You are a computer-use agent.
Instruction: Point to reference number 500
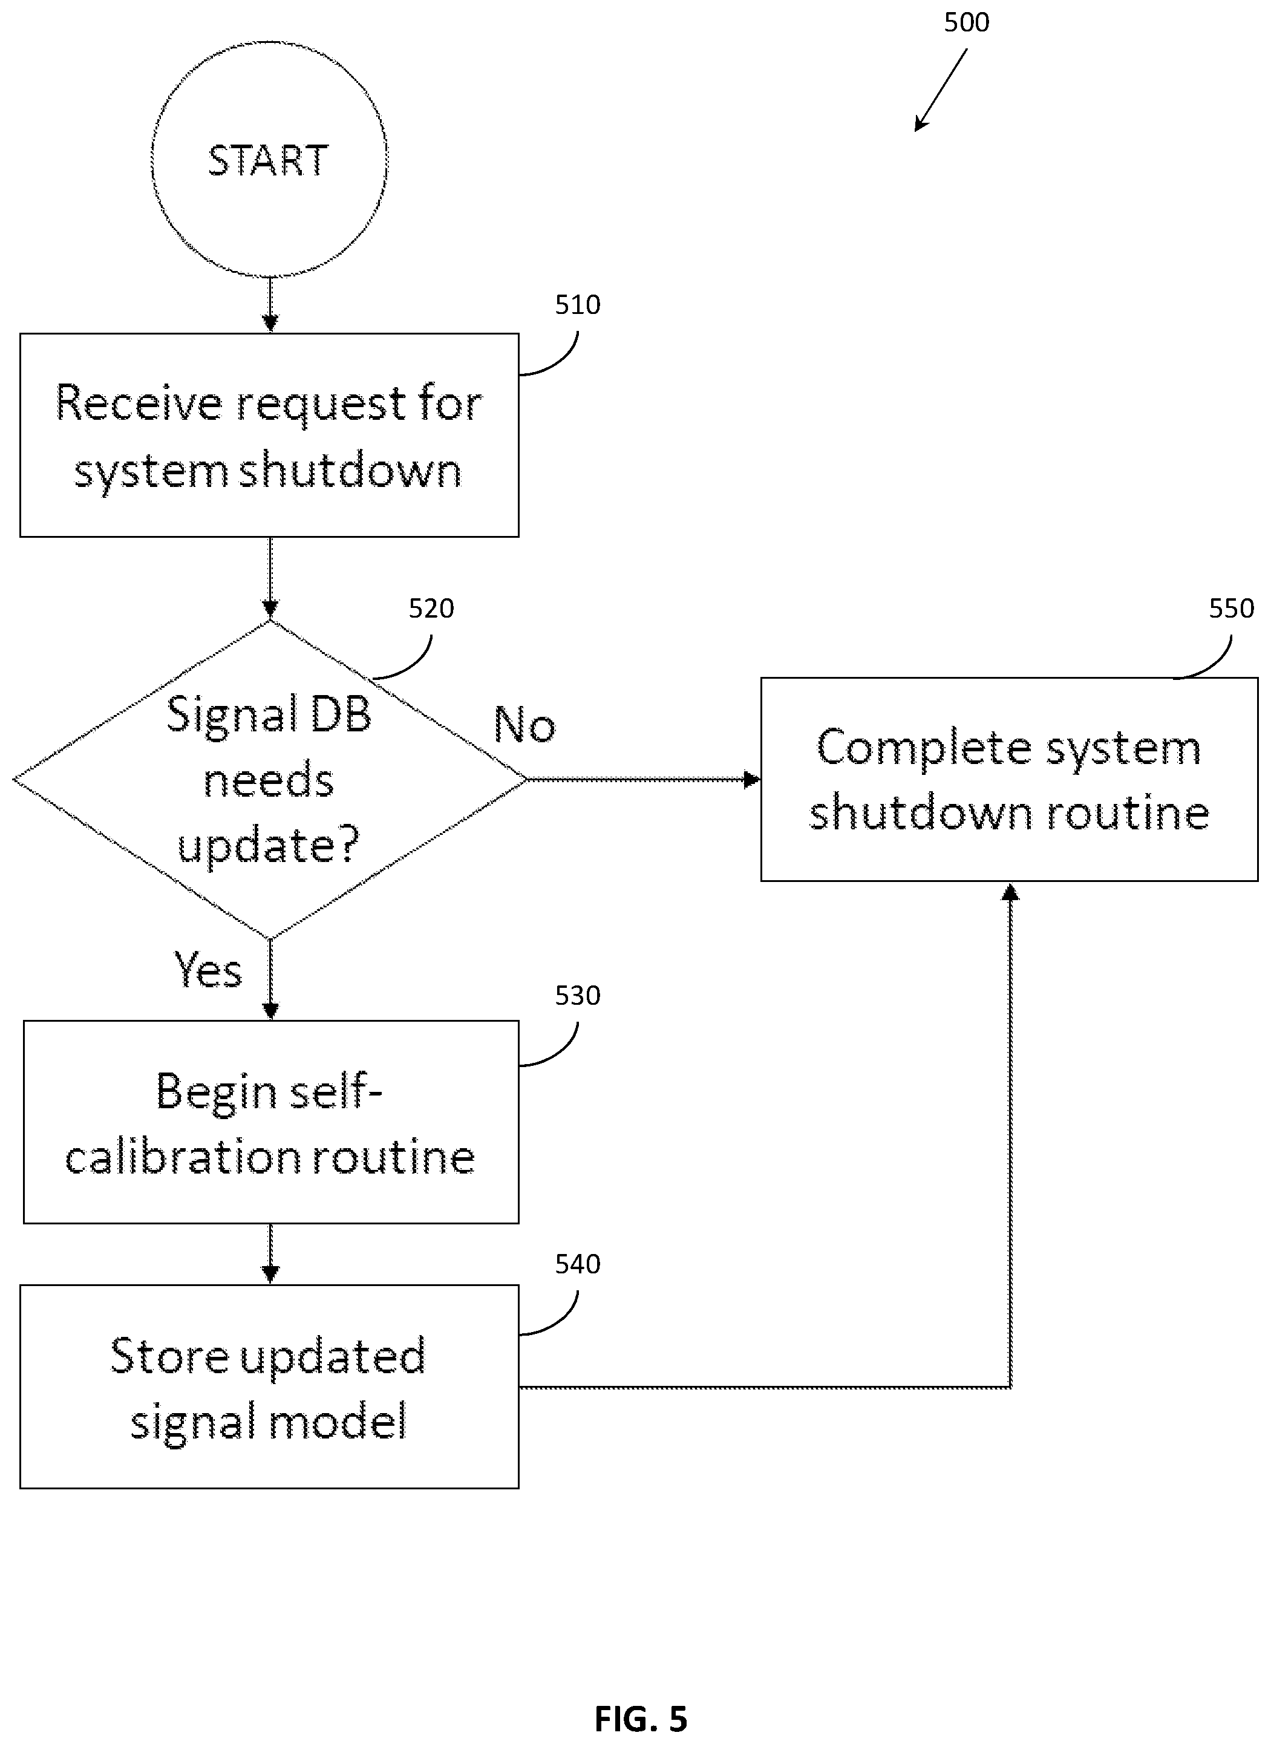[x=966, y=22]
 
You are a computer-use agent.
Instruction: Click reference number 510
[x=578, y=305]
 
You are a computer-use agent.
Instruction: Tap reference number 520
[x=431, y=609]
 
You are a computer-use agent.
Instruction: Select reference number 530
[x=578, y=996]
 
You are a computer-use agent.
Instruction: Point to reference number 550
[x=1231, y=609]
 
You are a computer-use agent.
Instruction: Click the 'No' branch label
[x=524, y=725]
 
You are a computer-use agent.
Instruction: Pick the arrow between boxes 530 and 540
[x=270, y=1254]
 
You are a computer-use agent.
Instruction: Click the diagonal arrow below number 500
[x=940, y=90]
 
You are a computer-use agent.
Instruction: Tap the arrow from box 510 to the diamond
[x=270, y=578]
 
